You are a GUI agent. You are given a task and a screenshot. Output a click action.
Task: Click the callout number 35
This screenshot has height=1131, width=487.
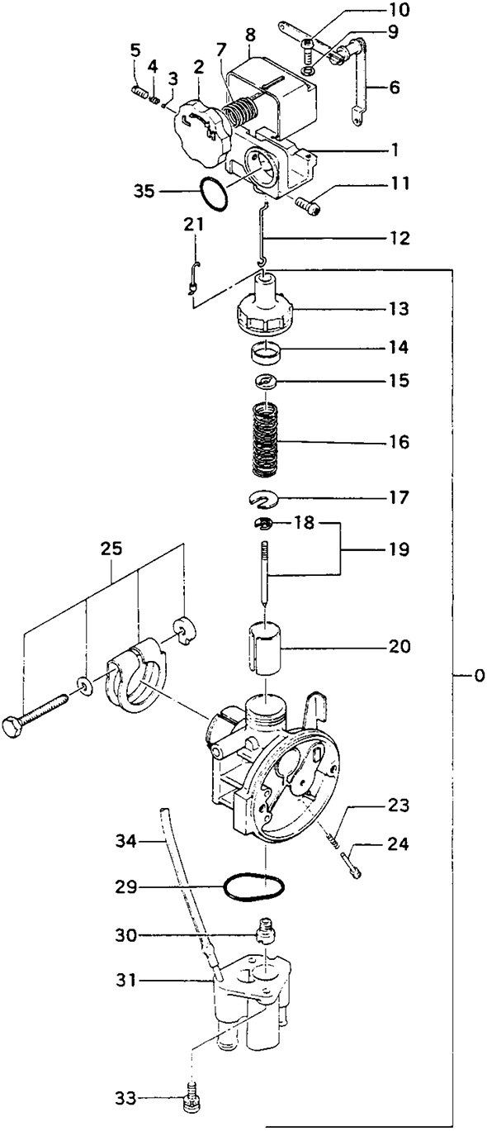click(x=144, y=192)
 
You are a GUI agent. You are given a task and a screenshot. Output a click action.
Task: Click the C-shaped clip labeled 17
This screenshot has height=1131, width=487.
click(x=263, y=499)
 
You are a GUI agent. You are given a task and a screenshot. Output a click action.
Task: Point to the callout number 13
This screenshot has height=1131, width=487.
click(x=399, y=308)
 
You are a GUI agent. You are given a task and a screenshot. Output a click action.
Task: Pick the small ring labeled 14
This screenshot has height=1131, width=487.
click(x=266, y=351)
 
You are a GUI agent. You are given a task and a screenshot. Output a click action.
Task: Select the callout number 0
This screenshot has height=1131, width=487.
click(x=479, y=676)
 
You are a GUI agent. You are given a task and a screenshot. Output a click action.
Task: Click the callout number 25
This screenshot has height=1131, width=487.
click(x=111, y=549)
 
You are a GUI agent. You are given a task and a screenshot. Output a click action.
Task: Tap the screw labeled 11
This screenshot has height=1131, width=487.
click(x=307, y=207)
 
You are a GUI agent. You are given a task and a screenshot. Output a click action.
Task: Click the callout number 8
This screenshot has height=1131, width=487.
click(x=250, y=35)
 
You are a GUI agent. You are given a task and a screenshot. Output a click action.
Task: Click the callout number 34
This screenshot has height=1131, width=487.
click(x=125, y=841)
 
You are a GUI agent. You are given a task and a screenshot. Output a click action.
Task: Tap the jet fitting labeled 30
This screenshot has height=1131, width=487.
click(x=266, y=933)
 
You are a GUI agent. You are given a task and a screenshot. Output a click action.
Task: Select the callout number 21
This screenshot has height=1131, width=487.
click(x=193, y=224)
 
